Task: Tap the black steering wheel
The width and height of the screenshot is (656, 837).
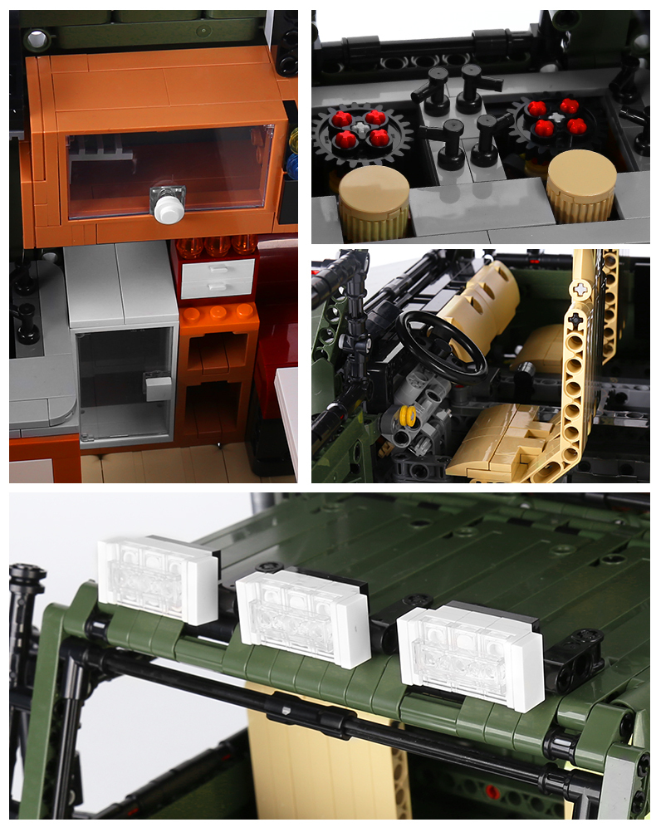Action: tap(440, 342)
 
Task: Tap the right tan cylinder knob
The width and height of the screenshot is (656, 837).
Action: tap(580, 187)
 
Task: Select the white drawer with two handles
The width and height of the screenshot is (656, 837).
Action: tap(218, 277)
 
